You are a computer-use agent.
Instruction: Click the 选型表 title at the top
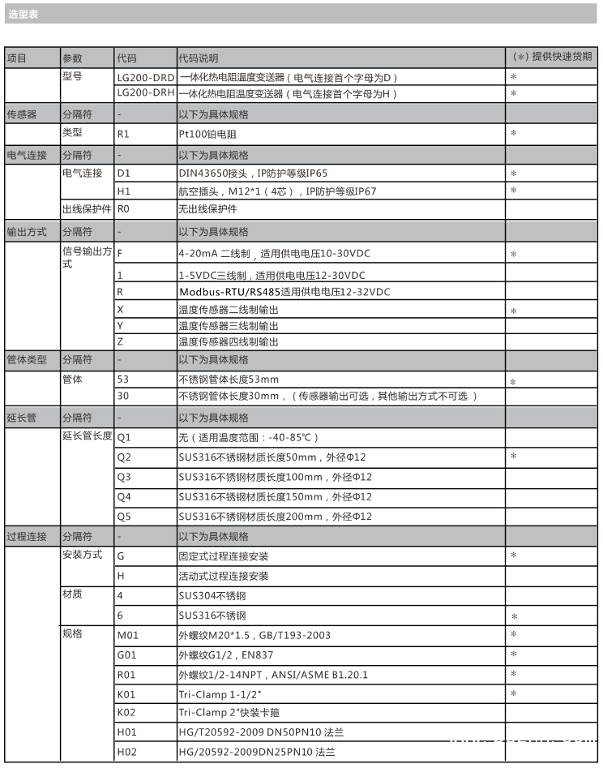[24, 15]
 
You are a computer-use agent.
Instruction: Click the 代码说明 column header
[199, 58]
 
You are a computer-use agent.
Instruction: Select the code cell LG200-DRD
[146, 77]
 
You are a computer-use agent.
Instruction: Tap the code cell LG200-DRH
[146, 93]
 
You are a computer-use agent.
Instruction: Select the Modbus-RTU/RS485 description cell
[284, 292]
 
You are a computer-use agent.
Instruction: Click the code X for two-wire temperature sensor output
[121, 310]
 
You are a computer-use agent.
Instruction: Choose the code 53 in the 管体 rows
[123, 379]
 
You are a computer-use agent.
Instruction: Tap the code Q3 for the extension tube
[124, 477]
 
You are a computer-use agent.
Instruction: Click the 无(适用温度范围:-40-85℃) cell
[244, 437]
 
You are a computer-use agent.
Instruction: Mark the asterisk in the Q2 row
[514, 457]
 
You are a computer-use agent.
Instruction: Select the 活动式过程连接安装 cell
[223, 576]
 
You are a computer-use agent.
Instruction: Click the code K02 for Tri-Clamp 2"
[126, 713]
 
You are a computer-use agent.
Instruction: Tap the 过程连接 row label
[27, 536]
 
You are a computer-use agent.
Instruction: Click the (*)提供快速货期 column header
[553, 57]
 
